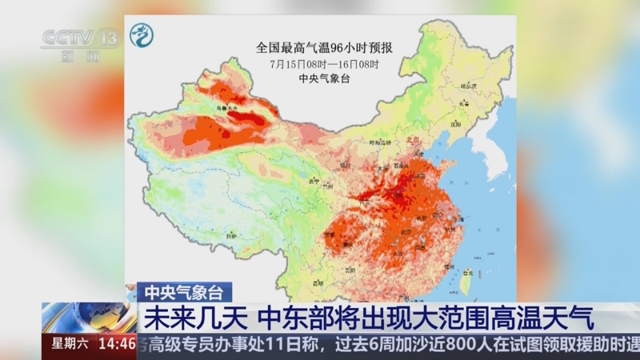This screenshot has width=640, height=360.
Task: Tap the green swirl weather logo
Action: point(141,37)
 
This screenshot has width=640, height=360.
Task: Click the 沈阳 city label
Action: point(456,124)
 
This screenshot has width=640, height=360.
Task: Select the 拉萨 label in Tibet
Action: point(231,237)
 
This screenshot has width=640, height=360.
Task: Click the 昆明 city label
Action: point(318,282)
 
